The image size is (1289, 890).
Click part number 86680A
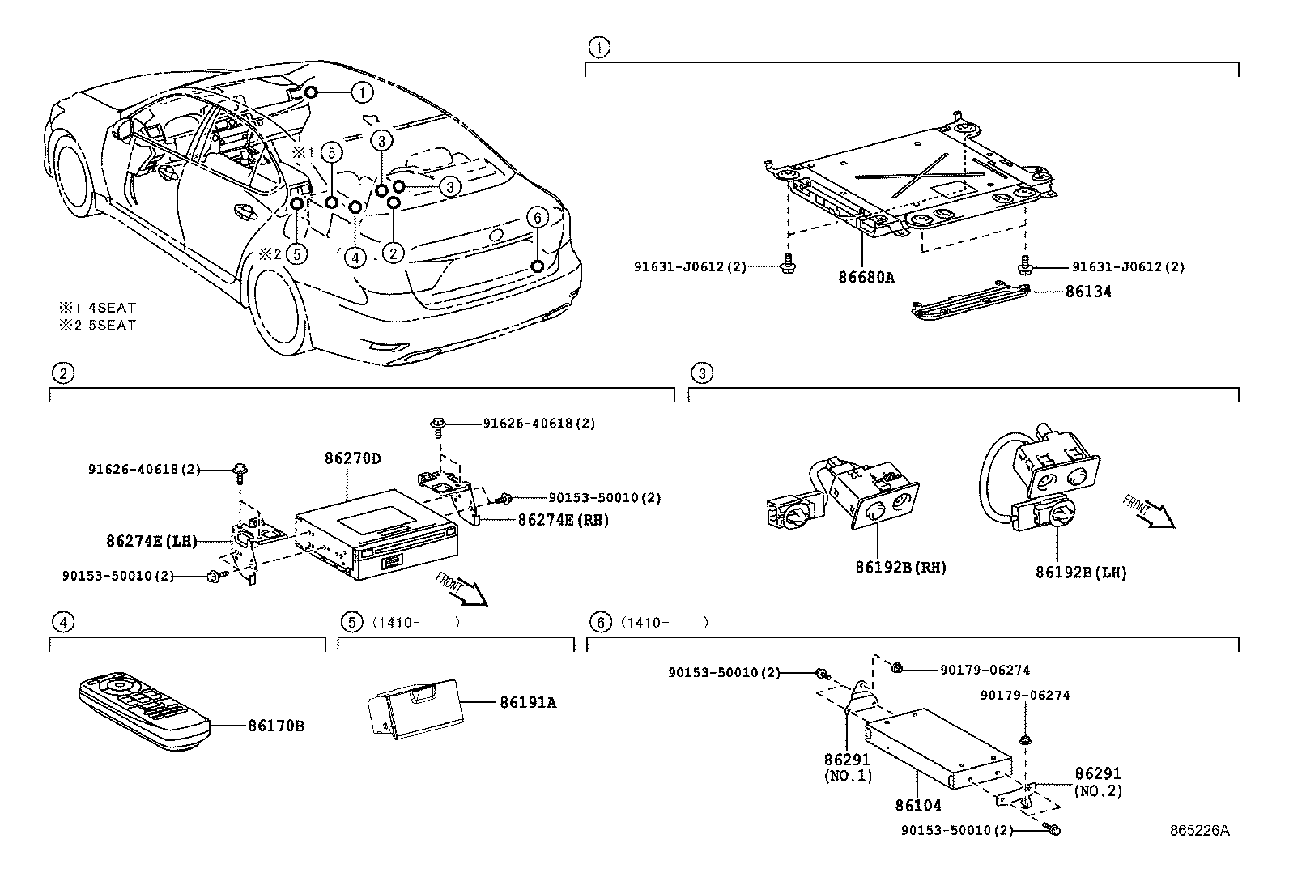(866, 276)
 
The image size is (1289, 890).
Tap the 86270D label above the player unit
(352, 458)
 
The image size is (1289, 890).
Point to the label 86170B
(276, 726)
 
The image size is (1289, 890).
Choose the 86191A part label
(527, 702)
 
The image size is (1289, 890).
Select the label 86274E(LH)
(151, 541)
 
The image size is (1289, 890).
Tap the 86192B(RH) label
(900, 568)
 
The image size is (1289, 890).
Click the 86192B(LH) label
(1080, 572)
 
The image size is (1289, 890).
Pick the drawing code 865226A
(1198, 831)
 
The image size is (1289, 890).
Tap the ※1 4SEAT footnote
(96, 308)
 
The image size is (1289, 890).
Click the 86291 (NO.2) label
(1098, 782)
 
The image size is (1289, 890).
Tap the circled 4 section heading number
(62, 622)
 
